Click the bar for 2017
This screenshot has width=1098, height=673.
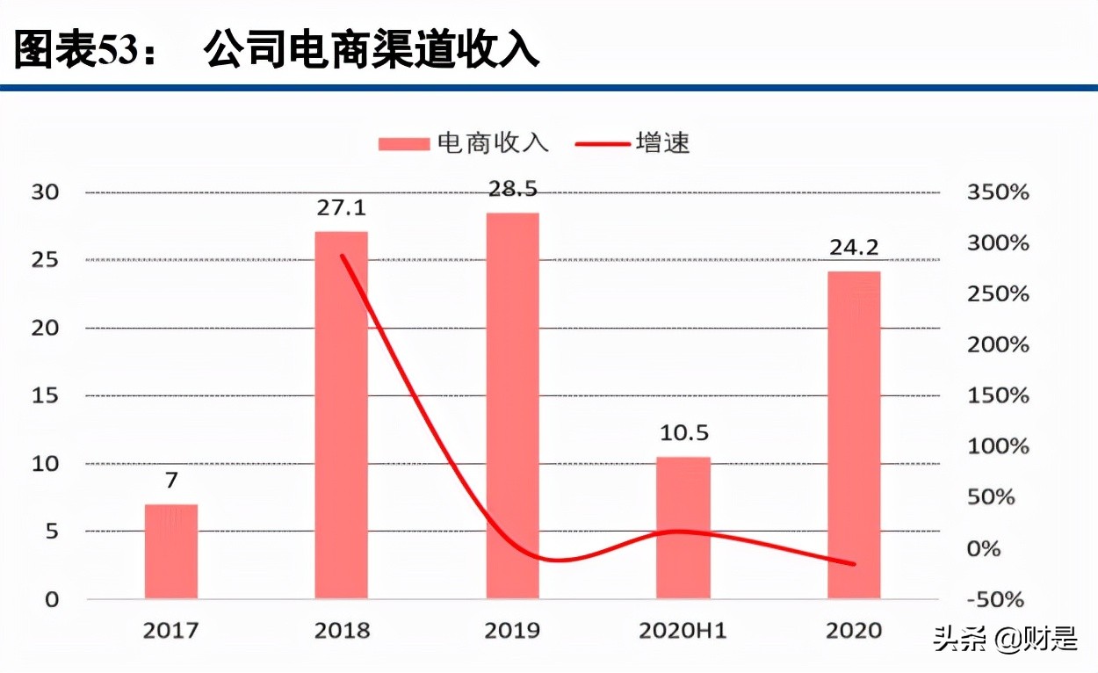(171, 552)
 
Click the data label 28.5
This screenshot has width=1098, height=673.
(512, 189)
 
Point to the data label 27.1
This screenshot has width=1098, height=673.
(341, 208)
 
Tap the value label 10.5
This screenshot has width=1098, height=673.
(683, 433)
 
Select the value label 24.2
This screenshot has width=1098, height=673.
(854, 249)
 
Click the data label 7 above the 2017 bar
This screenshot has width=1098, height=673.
(171, 481)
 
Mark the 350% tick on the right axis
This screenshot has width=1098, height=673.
(997, 192)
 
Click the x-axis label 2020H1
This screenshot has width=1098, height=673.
(683, 631)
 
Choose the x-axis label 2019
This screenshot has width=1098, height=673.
(512, 631)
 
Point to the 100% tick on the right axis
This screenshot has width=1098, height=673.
(997, 446)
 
